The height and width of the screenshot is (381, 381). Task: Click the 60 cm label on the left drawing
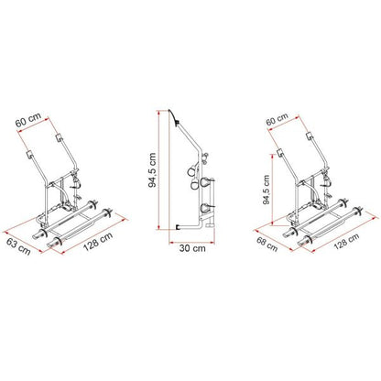[28, 121]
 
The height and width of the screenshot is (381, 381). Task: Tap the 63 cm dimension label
[19, 246]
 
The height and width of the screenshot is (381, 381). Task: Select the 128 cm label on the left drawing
[98, 241]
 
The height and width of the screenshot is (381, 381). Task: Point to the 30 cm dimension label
[192, 248]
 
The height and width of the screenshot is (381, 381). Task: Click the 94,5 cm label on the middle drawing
[152, 169]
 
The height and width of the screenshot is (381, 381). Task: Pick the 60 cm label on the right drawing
[277, 119]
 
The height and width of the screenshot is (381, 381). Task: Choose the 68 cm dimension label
[267, 245]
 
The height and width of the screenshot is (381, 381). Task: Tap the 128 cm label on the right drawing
[346, 241]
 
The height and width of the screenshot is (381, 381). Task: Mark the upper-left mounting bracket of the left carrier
[30, 155]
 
